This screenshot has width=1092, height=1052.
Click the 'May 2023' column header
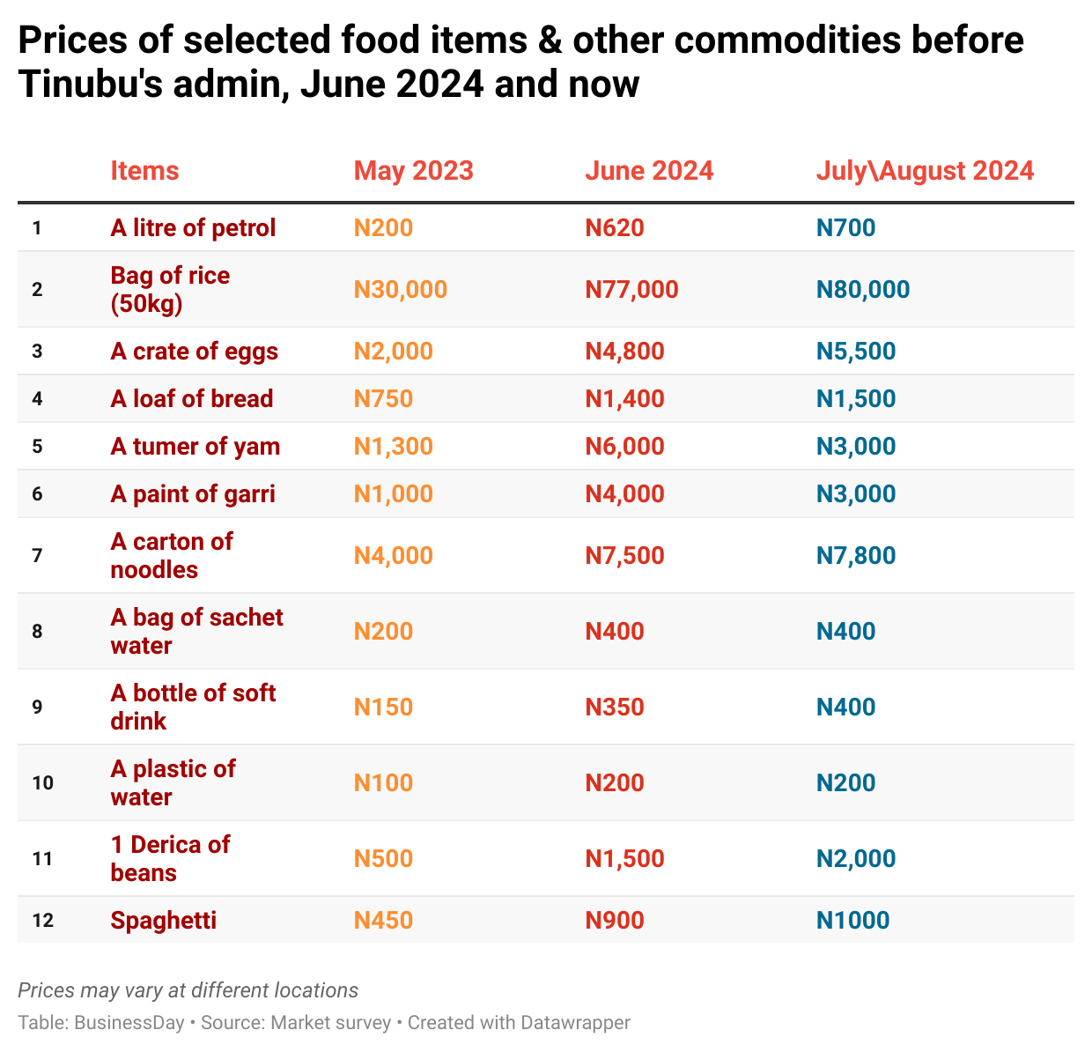[413, 170]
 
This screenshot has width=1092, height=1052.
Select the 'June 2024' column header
[649, 170]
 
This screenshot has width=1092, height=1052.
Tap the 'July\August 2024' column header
[925, 170]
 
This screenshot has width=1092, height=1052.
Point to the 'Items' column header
[144, 170]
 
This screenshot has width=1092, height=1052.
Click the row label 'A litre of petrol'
[193, 228]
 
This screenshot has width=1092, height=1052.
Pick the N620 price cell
[615, 228]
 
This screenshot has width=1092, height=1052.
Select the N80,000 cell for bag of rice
[863, 290]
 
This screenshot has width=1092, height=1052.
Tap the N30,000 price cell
[400, 290]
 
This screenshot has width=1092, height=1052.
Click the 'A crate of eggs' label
[194, 352]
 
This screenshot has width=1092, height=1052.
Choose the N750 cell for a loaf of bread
[383, 399]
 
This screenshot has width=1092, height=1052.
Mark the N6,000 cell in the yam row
[624, 447]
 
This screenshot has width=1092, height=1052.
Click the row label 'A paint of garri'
[193, 494]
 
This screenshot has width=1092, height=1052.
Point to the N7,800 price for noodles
[856, 556]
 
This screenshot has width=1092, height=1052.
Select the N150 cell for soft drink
[383, 708]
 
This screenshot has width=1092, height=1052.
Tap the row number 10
[42, 783]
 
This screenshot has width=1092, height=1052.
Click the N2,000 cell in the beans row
[856, 859]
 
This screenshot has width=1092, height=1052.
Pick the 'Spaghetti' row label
[163, 921]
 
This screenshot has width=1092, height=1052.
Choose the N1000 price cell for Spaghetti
[852, 921]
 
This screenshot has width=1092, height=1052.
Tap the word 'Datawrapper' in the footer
[575, 1023]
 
